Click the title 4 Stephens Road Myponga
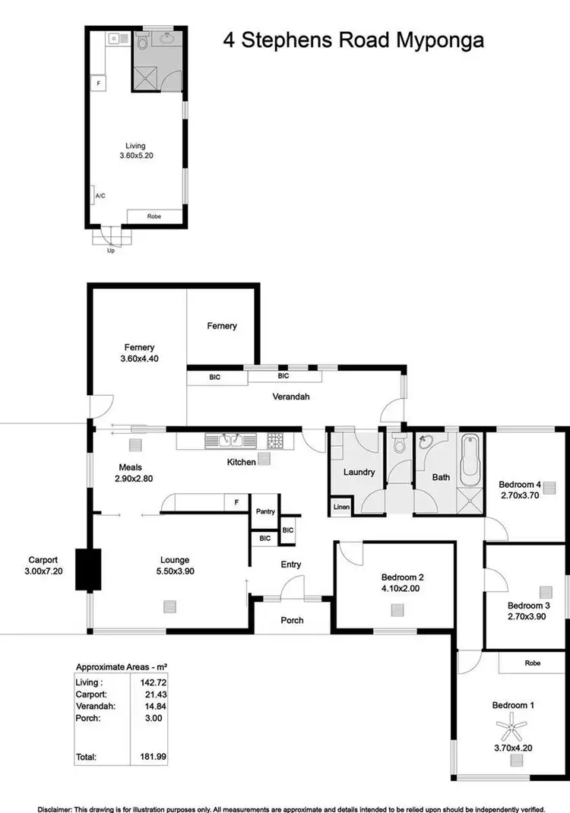pos(353,40)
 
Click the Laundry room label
pos(359,472)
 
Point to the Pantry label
pos(264,511)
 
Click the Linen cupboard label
pos(339,508)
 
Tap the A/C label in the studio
pos(100,196)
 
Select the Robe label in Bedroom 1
pos(532,663)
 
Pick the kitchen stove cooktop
pos(274,440)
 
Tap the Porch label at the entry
pos(292,620)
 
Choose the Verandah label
pos(291,397)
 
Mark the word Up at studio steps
pos(111,250)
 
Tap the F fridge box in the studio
pos(99,82)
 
